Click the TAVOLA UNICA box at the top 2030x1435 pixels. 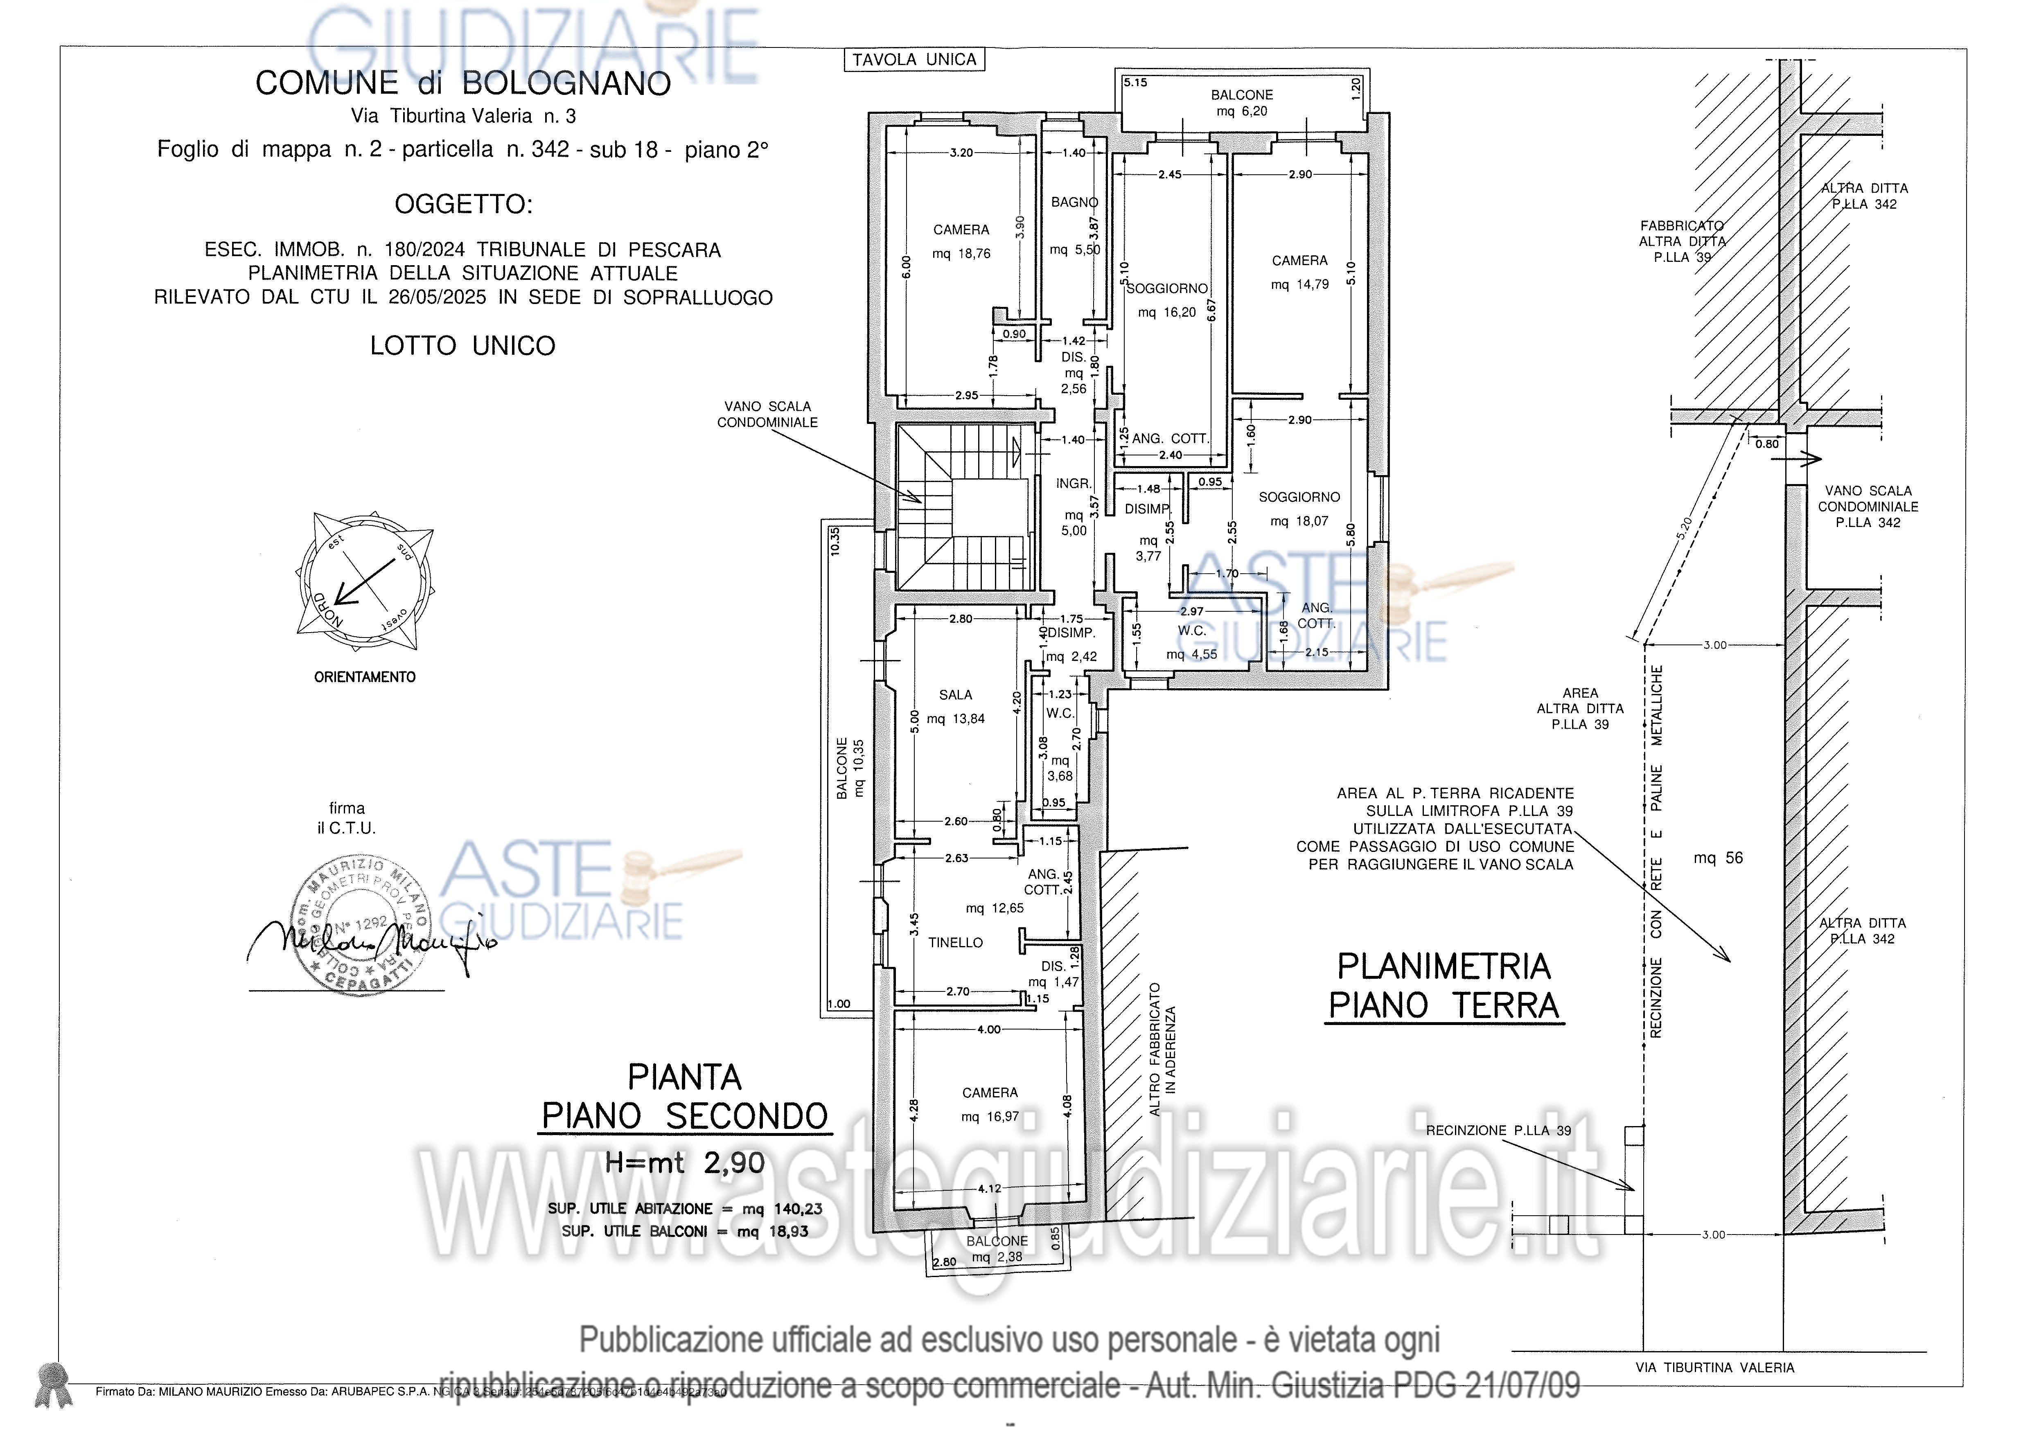[x=913, y=59]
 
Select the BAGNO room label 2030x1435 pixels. [x=1074, y=203]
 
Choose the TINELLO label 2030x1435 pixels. [x=955, y=942]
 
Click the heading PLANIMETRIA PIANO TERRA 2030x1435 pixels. [x=1444, y=986]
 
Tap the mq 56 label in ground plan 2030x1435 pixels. [x=1718, y=858]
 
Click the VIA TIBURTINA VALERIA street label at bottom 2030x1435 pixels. [x=1714, y=1368]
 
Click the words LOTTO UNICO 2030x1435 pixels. [x=462, y=346]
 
